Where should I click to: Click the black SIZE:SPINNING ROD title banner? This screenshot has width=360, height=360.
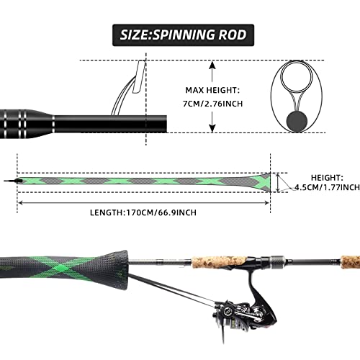coord(179,34)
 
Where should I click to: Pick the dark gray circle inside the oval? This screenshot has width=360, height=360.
coord(294,119)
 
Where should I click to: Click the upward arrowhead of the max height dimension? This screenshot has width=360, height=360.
coord(214,63)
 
